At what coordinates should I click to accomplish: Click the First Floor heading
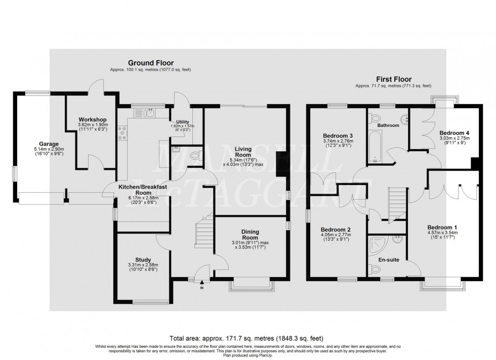point(393,79)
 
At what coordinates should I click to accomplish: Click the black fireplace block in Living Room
point(280,163)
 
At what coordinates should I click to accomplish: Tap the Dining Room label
point(250,234)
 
